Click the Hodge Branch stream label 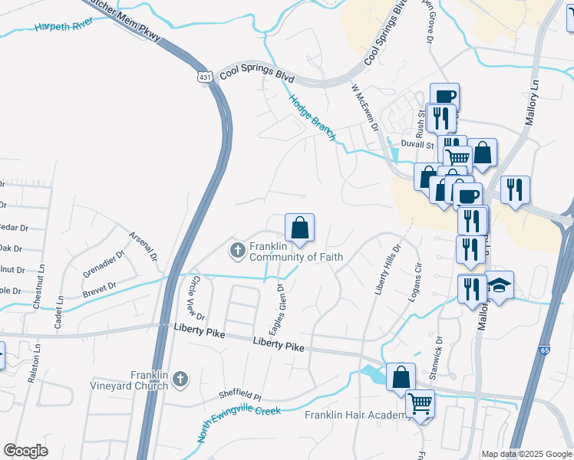pos(312,117)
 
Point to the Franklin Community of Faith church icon pos(237,249)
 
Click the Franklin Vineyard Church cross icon pos(180,379)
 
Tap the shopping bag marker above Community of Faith pos(300,228)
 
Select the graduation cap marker pos(499,286)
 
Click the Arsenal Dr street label pos(143,245)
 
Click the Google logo pos(26,451)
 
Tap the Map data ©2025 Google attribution pos(526,455)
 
